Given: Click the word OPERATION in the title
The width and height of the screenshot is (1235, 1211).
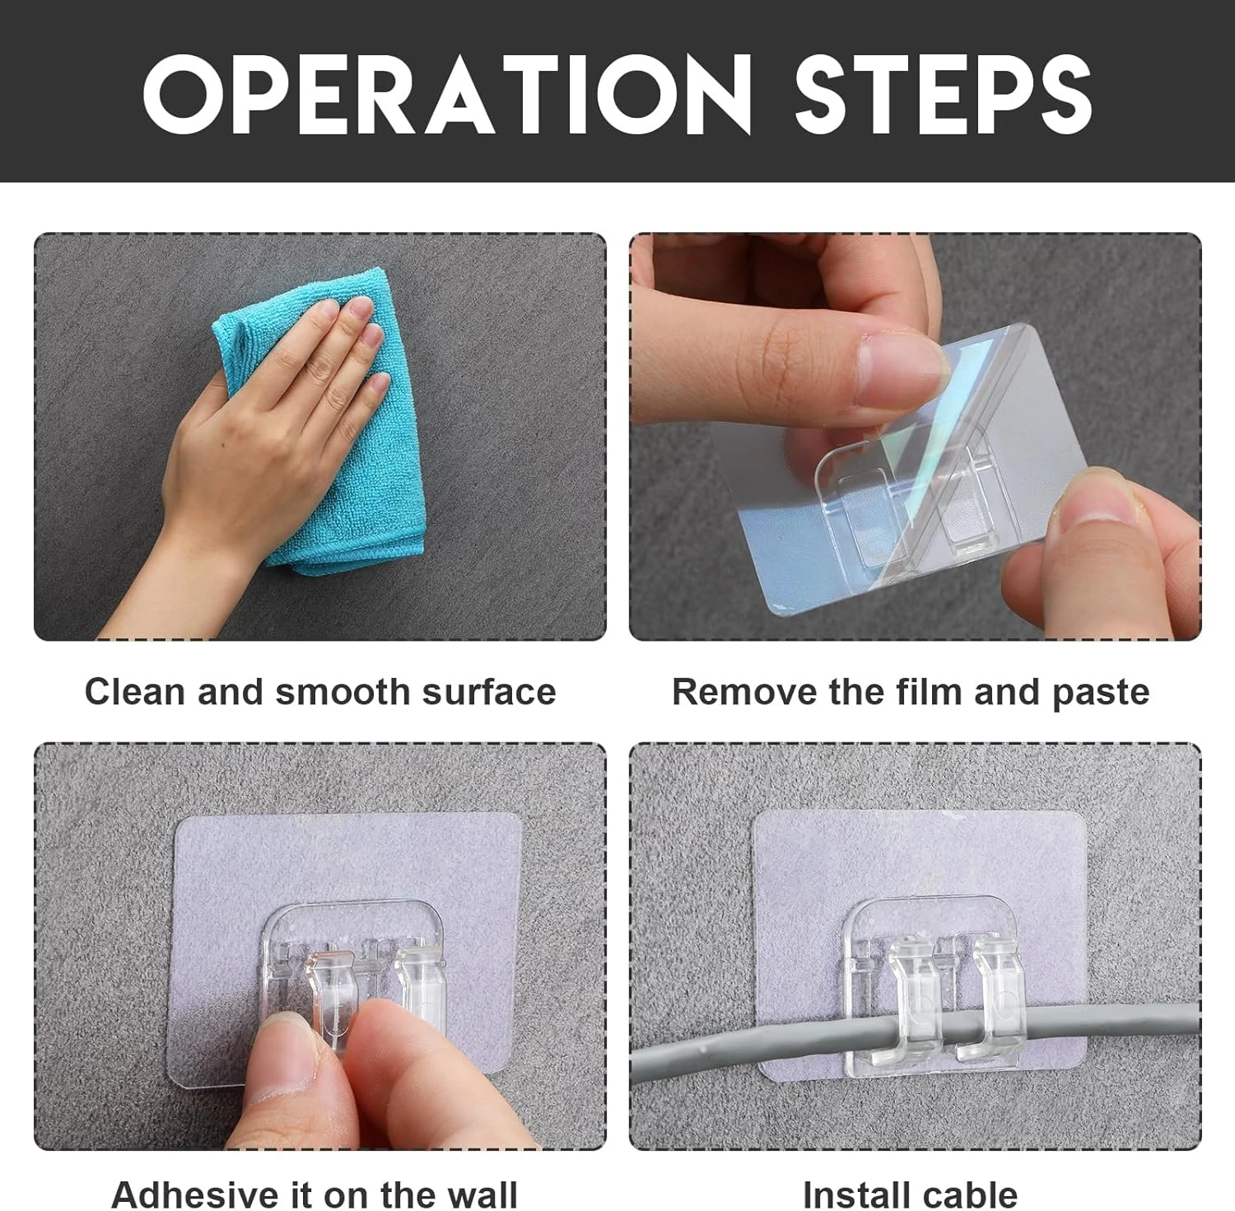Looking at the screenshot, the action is point(446,92).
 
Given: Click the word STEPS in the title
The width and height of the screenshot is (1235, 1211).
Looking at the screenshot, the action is point(944,92).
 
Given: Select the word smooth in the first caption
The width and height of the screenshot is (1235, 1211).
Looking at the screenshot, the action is point(345,691).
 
